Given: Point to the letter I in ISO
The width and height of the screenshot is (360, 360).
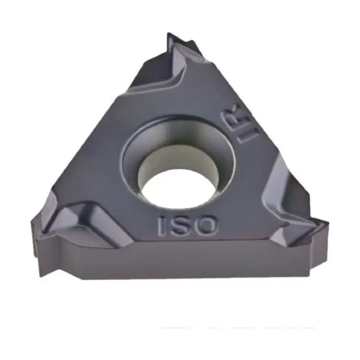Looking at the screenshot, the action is (x=162, y=227).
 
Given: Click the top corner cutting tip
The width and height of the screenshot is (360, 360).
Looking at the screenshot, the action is (x=168, y=34).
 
